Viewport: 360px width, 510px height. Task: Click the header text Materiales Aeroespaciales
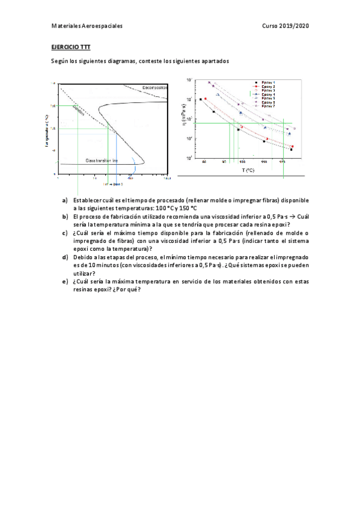tap(87, 26)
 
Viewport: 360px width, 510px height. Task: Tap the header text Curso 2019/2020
tap(285, 26)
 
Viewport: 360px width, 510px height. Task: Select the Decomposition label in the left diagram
tap(155, 88)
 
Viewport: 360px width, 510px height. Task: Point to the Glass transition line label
tap(102, 161)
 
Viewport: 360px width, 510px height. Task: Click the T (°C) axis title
tap(248, 170)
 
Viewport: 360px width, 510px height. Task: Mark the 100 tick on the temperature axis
tap(243, 162)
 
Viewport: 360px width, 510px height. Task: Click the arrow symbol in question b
tap(291, 217)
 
